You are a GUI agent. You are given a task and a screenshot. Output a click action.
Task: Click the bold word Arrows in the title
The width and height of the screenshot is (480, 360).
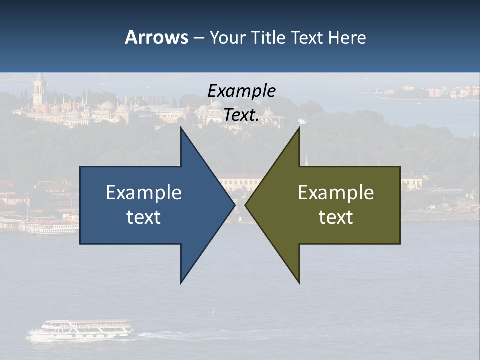point(156,37)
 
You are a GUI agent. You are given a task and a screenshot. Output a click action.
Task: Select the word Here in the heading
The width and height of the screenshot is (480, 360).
point(347,37)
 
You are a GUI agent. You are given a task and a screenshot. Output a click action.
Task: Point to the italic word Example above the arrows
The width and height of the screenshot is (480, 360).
point(241,91)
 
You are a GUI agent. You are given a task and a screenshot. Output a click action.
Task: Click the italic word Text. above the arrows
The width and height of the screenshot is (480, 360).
point(241,115)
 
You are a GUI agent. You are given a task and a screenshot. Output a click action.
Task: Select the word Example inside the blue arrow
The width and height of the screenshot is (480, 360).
point(144,193)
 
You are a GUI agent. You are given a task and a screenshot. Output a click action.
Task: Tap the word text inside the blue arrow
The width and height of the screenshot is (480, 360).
point(144,217)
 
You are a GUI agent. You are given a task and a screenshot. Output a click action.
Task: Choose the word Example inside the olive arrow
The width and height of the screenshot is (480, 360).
point(336,193)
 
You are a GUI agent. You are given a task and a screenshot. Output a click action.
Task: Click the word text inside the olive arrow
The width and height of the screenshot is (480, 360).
point(336,217)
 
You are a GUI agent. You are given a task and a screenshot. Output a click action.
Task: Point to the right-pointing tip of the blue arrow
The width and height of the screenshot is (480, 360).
point(234,205)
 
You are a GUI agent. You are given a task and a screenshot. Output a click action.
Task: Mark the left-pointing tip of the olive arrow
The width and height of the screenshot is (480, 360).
point(246,205)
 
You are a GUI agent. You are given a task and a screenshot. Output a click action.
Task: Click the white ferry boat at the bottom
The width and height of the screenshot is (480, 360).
point(80,331)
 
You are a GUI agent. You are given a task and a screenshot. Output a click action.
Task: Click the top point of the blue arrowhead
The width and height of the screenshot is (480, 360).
point(181,129)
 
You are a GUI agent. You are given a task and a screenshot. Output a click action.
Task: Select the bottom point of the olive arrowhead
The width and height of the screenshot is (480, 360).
point(299,282)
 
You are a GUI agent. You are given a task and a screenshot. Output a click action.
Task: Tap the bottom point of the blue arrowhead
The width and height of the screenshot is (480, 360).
point(181,282)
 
